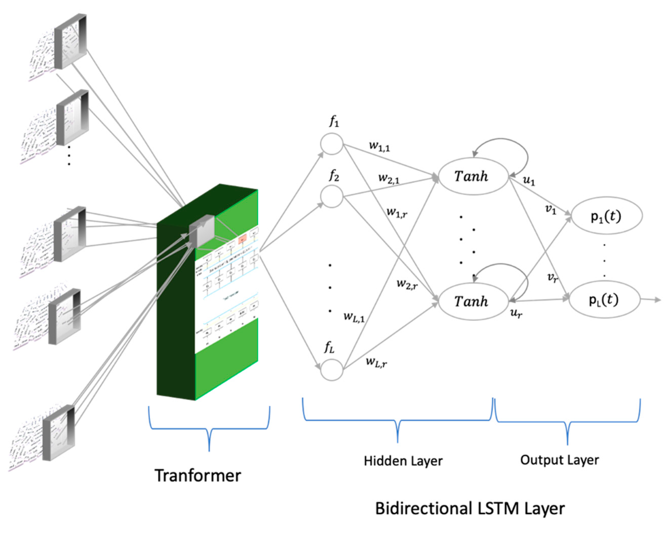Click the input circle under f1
pyautogui.click(x=331, y=144)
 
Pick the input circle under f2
pyautogui.click(x=331, y=196)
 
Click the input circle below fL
pyautogui.click(x=331, y=369)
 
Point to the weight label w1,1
pyautogui.click(x=379, y=146)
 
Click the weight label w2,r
pyautogui.click(x=407, y=284)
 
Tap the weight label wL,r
pyautogui.click(x=376, y=361)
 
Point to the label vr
pyautogui.click(x=552, y=277)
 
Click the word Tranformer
pyautogui.click(x=198, y=476)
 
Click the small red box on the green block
pyautogui.click(x=242, y=238)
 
